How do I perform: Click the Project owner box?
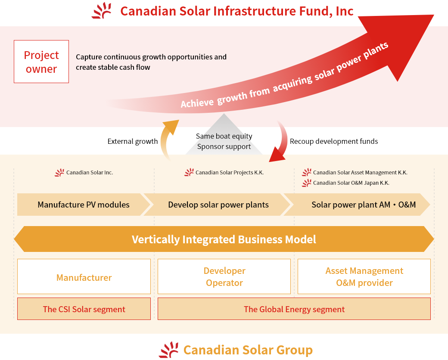point(41,62)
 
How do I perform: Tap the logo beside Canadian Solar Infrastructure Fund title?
point(102,11)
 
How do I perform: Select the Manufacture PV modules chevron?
point(84,205)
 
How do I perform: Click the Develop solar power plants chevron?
point(217,205)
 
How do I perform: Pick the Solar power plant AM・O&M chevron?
point(357,205)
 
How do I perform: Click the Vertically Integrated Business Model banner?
point(224,239)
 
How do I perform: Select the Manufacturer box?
point(84,276)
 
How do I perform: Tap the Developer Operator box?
point(224,276)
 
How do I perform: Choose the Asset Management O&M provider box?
point(364,276)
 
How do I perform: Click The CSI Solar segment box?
point(84,309)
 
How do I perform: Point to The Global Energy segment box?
point(294,309)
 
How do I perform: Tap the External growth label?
point(133,141)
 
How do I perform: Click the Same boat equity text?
point(224,136)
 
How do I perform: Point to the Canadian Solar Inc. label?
point(90,173)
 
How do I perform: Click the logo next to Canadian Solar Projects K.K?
point(189,172)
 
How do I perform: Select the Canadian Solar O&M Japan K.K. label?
point(351,183)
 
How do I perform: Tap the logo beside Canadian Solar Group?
point(168,350)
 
